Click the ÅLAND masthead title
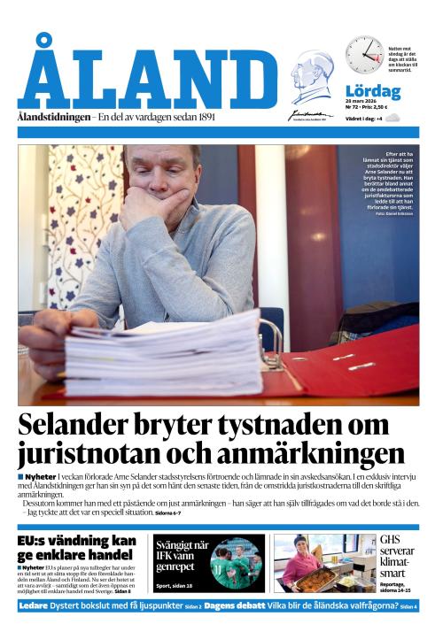[146, 75]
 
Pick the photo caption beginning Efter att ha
[389, 185]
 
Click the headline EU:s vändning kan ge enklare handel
[77, 548]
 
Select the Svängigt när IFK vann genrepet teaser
[182, 555]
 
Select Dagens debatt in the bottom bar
[235, 605]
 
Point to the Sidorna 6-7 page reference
[167, 513]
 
